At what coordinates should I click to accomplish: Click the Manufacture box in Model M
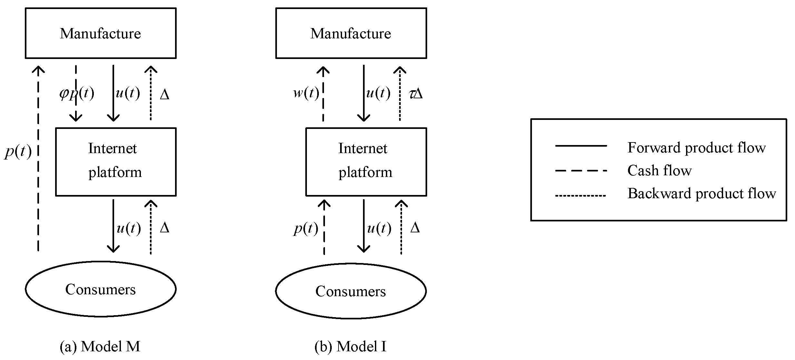[x=101, y=33]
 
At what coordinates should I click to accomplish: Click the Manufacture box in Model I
[x=351, y=33]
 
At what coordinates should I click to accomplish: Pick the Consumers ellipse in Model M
[x=101, y=289]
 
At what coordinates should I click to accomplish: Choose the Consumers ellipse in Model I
[x=351, y=291]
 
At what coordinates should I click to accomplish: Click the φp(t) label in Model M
[x=77, y=94]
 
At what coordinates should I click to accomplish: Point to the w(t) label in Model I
[x=306, y=93]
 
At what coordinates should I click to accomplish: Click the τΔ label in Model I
[x=416, y=94]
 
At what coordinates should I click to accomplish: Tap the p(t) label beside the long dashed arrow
[x=18, y=151]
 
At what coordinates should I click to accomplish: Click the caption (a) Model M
[x=100, y=346]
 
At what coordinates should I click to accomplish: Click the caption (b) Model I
[x=350, y=346]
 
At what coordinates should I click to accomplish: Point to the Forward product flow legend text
[x=696, y=148]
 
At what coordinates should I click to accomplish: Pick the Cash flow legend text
[x=659, y=170]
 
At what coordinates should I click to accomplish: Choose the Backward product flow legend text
[x=702, y=193]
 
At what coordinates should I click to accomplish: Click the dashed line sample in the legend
[x=581, y=170]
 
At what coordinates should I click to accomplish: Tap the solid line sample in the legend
[x=581, y=146]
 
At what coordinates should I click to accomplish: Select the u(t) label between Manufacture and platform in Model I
[x=378, y=93]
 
